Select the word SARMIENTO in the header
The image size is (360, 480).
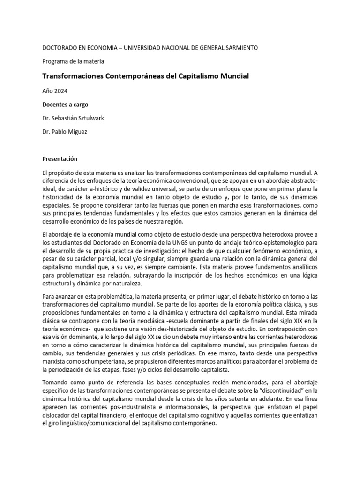click(x=239, y=48)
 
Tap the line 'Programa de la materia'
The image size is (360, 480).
click(x=73, y=61)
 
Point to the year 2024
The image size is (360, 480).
click(x=65, y=91)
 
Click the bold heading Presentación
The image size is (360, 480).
click(x=60, y=159)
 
